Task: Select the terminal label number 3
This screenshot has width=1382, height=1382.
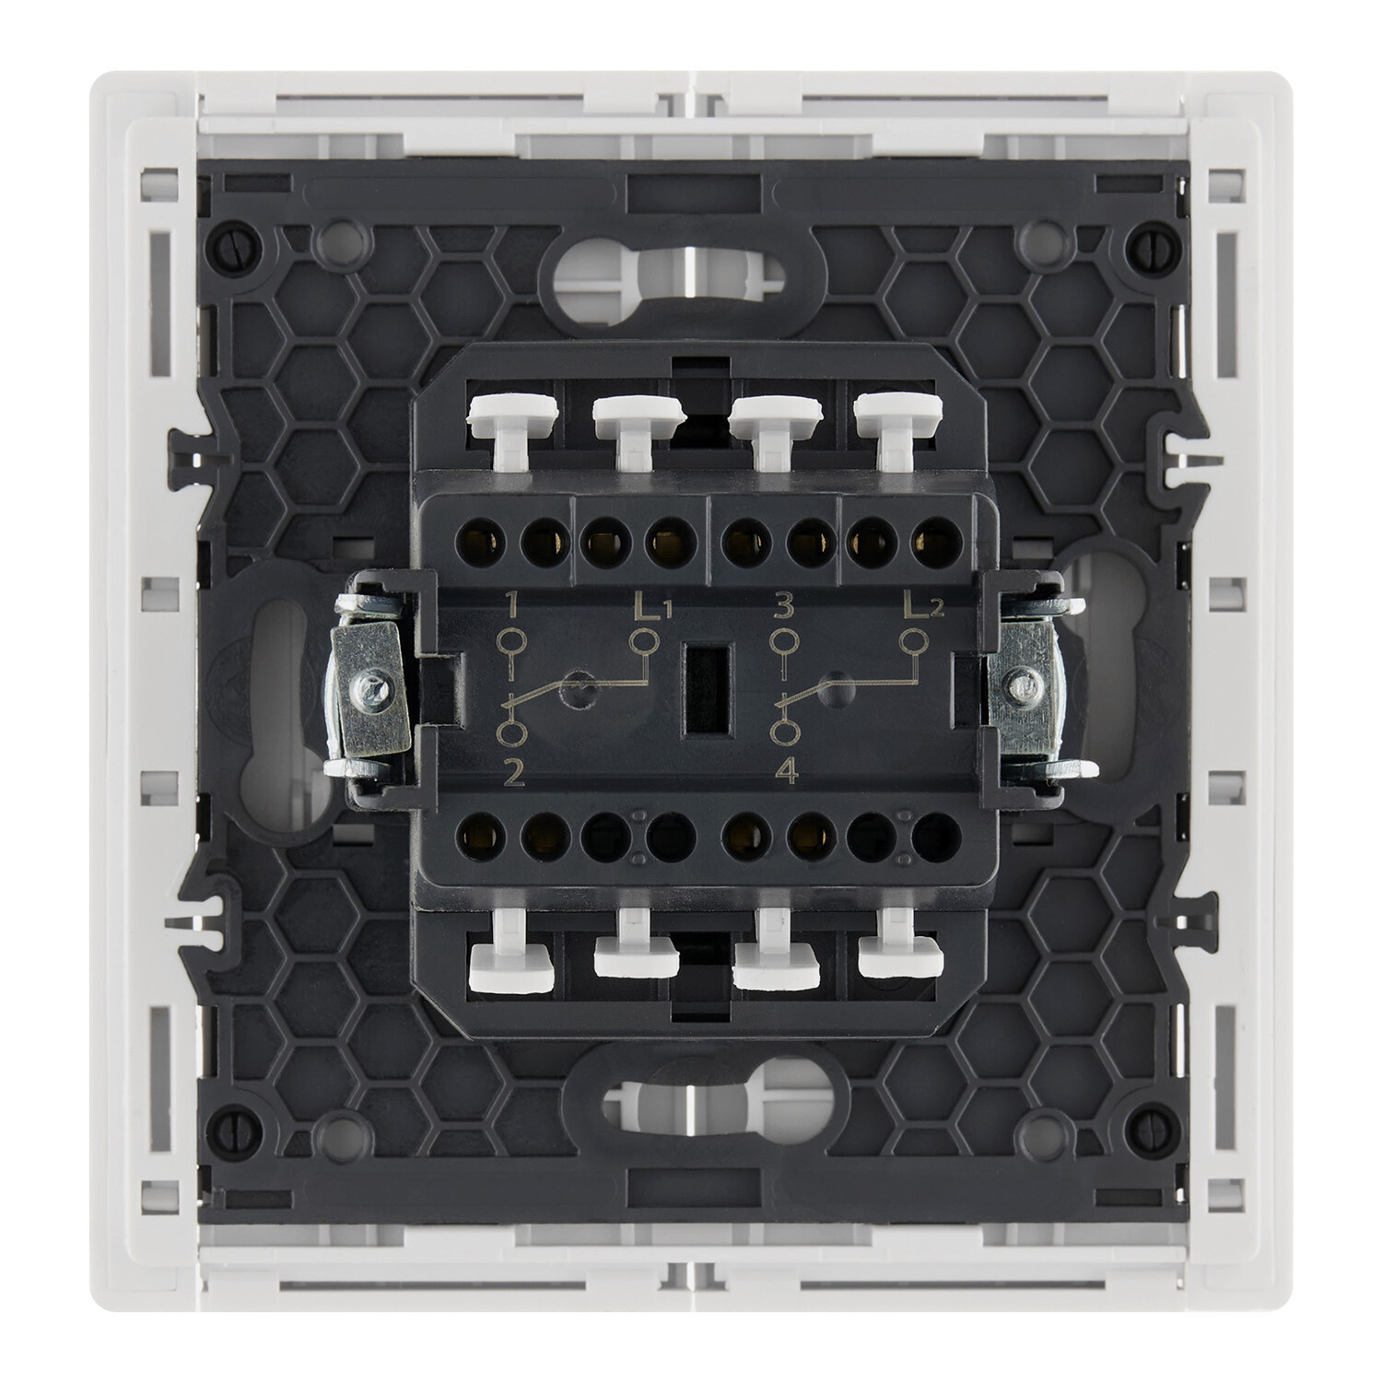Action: point(784,606)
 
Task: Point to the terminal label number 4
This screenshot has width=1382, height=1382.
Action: point(786,775)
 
